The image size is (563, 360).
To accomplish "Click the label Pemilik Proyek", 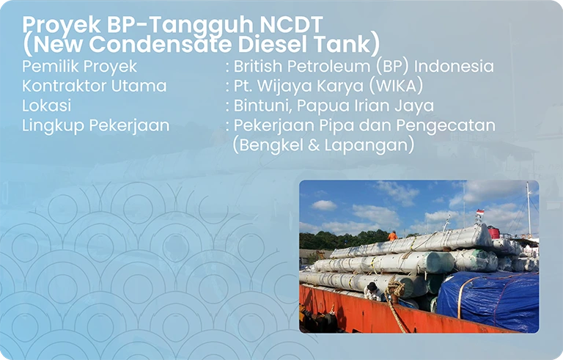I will coord(79,67).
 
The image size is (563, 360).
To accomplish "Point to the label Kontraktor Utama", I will coord(94,86).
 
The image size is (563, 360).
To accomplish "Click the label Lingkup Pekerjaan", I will coord(95,125).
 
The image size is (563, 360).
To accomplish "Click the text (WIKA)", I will coord(397,86).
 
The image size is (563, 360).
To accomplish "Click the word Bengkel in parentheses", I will coord(267,145).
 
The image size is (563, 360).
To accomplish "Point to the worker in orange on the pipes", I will coord(392,236).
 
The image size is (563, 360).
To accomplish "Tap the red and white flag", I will coord(480,213).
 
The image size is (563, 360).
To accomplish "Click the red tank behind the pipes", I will coord(493,232).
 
